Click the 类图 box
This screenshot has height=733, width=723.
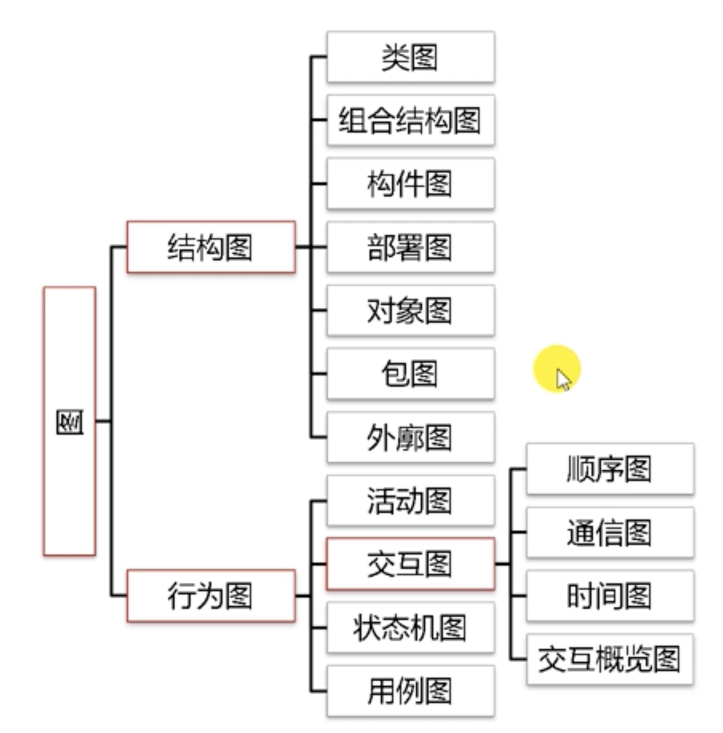[x=410, y=57]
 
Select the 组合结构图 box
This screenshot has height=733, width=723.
[x=410, y=120]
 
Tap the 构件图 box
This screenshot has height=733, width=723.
[x=410, y=184]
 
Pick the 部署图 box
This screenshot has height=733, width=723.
[x=410, y=247]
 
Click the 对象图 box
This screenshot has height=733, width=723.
[x=410, y=311]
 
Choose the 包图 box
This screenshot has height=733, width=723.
[x=410, y=373]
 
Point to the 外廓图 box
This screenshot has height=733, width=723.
[x=410, y=437]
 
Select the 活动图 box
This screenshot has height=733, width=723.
[x=410, y=500]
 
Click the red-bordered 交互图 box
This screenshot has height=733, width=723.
[x=410, y=564]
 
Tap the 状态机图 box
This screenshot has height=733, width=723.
[x=410, y=627]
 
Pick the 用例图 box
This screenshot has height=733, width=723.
[x=410, y=690]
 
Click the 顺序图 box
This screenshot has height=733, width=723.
[x=610, y=469]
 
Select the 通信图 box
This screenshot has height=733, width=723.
[x=610, y=532]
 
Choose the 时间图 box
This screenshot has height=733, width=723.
[x=610, y=596]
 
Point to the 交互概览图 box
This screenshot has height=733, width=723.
[x=610, y=659]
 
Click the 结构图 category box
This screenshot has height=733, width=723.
[x=211, y=247]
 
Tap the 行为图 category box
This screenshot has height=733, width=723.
[x=211, y=596]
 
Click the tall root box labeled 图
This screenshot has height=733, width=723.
[x=70, y=421]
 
